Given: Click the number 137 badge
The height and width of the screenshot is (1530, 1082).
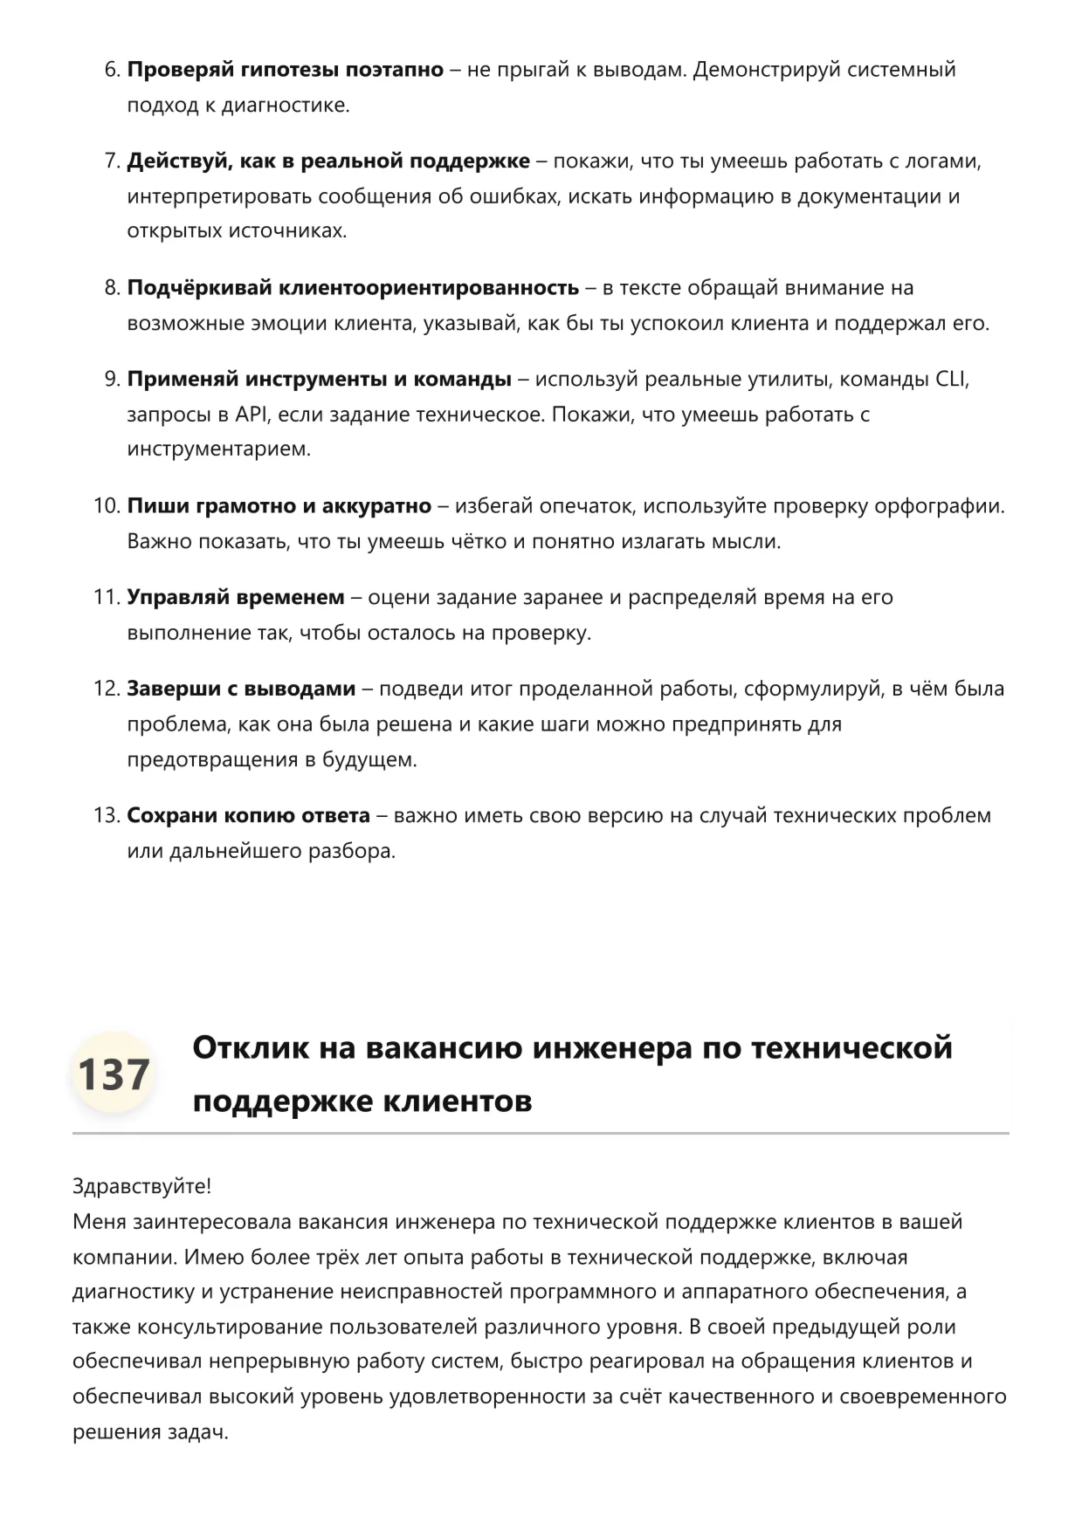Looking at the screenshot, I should tap(113, 1074).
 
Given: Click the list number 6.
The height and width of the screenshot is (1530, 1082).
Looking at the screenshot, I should tap(112, 70).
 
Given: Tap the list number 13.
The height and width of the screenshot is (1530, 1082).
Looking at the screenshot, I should tap(106, 816).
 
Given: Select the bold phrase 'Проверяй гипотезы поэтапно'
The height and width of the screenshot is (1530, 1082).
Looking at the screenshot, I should tap(286, 70).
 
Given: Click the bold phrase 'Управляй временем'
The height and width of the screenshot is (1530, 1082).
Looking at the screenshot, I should tap(236, 598).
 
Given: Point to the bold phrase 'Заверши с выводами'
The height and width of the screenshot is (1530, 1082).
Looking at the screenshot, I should tap(241, 690).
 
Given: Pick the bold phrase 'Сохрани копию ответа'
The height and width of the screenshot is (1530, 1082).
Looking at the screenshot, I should tap(249, 816).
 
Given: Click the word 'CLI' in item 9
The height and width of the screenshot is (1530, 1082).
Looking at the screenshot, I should tap(951, 380).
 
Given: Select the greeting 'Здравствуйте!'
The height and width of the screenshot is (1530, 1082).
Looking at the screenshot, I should tap(141, 1187).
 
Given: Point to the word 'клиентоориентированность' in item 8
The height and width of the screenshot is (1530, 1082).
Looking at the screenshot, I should tap(428, 288).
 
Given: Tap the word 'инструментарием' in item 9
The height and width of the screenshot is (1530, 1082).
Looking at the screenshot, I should tap(218, 449).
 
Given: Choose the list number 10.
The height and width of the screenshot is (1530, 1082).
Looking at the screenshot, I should tap(106, 506).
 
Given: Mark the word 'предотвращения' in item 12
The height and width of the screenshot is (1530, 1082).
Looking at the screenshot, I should tap(212, 759).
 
